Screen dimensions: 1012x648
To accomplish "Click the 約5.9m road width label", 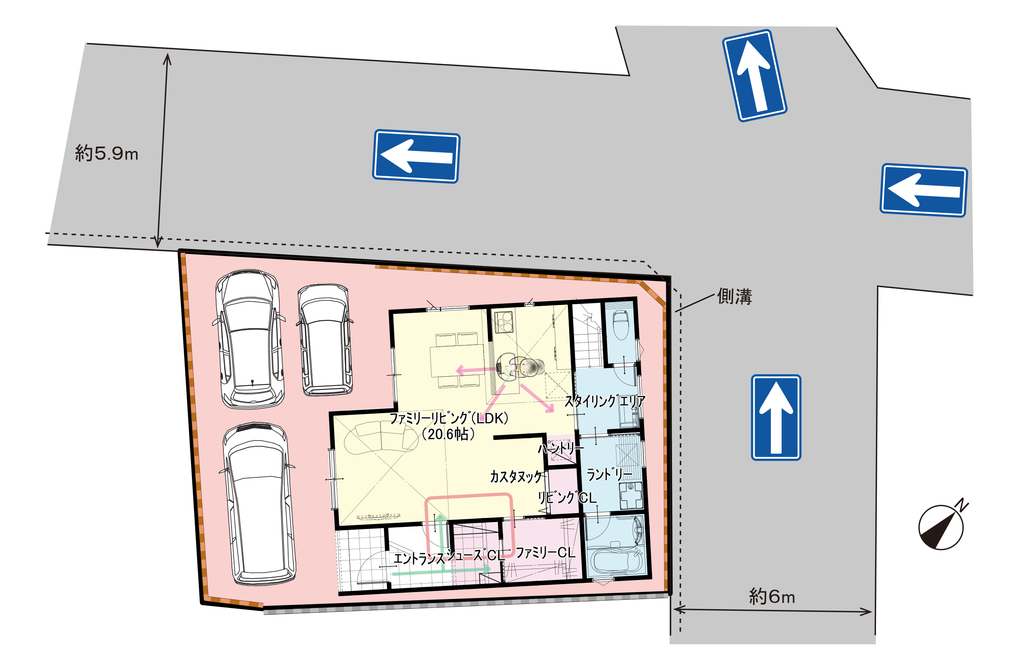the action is tap(106, 153).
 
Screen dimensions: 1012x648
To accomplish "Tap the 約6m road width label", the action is tap(772, 596).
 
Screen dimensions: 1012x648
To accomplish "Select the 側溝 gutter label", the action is tap(734, 296).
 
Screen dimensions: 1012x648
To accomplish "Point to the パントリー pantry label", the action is tap(561, 448).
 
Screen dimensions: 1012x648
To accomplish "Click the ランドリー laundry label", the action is tap(609, 475).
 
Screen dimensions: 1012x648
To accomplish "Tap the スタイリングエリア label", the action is tap(605, 401).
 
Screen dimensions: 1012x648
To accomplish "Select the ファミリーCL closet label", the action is tap(545, 552).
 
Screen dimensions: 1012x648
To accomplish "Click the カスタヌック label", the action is tap(516, 477).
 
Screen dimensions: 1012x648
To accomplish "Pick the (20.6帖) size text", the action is tap(449, 434).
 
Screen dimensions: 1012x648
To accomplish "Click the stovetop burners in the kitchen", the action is tap(504, 322).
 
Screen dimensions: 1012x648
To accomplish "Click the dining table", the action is tap(457, 360).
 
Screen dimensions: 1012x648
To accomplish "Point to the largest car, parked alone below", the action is tap(258, 504).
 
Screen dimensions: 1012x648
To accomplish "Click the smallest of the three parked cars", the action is tap(325, 340).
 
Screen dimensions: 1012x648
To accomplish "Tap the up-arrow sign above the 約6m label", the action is tap(776, 418).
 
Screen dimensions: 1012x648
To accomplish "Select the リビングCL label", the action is tap(567, 498).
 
